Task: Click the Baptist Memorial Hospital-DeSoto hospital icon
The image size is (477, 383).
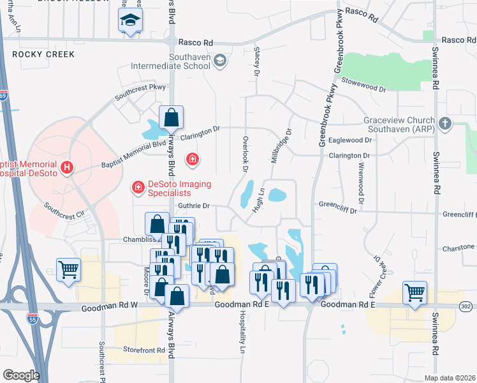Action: pos(67,169)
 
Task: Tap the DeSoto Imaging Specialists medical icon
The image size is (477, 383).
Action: pos(137,186)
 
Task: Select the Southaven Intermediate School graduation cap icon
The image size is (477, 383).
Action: pos(220,61)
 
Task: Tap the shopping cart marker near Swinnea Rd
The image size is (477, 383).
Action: pos(415,293)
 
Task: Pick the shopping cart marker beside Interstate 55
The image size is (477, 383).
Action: pos(68,269)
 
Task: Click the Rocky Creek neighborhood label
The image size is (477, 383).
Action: pos(43,54)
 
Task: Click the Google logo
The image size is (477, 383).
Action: pos(21,375)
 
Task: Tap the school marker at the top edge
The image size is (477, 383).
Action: pos(131,22)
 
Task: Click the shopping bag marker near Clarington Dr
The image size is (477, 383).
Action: pos(171,117)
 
